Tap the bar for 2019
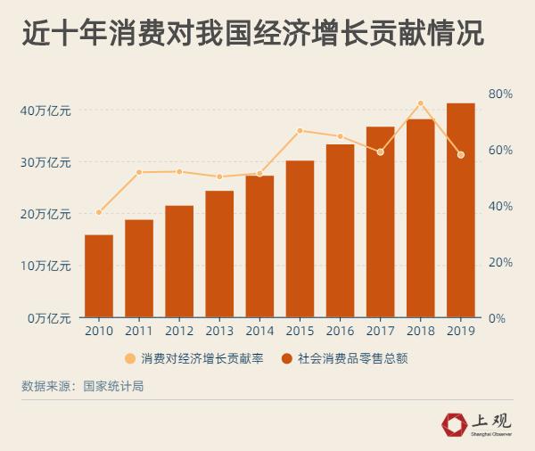(460, 210)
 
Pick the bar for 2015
(300, 239)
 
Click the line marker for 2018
(421, 103)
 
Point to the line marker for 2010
(99, 212)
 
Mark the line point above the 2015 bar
(300, 131)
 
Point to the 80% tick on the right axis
(500, 94)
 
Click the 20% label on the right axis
(500, 262)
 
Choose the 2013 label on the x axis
(219, 332)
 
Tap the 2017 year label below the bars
(380, 332)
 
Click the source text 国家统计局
(113, 386)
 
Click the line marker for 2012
(179, 171)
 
